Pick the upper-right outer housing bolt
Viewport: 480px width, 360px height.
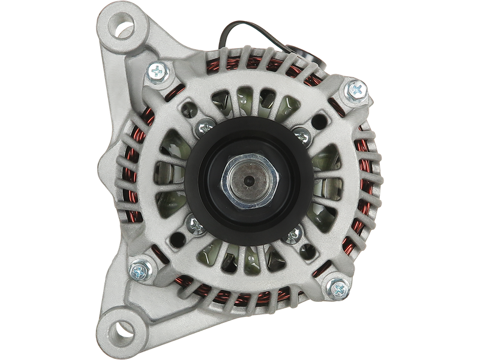(355, 91)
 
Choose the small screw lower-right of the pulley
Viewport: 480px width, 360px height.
(293, 234)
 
